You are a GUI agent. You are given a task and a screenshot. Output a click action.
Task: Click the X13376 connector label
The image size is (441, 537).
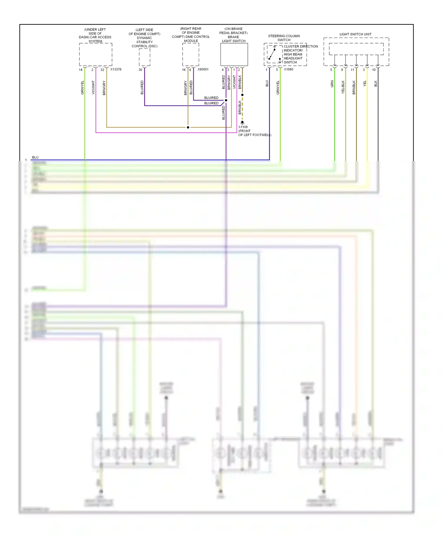click(116, 69)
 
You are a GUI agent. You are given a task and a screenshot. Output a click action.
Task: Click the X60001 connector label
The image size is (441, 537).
click(203, 69)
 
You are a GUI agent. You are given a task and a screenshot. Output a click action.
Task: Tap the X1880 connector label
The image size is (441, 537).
click(288, 69)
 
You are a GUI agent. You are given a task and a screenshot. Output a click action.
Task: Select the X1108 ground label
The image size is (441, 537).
click(243, 127)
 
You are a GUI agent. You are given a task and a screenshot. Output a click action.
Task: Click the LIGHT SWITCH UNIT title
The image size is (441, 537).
click(355, 34)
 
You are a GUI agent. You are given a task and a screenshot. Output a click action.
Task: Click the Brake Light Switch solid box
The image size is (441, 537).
click(234, 54)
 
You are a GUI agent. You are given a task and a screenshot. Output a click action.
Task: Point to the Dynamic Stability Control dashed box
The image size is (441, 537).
click(144, 57)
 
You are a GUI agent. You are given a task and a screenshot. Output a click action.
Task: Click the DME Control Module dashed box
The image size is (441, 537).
click(191, 54)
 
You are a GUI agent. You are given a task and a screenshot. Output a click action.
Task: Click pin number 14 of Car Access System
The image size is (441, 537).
click(81, 70)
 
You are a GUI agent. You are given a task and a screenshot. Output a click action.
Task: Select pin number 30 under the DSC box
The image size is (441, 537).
click(140, 70)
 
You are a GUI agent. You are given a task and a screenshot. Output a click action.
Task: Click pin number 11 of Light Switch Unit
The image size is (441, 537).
click(353, 70)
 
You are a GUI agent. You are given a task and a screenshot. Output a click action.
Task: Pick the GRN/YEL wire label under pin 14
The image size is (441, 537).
click(82, 87)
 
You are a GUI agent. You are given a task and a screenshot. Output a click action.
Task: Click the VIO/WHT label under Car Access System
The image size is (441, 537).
click(93, 87)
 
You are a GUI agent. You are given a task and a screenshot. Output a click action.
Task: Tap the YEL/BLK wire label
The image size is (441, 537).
click(343, 87)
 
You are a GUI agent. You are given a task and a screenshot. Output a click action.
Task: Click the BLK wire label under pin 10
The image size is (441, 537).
click(375, 84)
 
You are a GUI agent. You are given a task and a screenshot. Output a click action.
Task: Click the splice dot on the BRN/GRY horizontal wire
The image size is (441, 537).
click(188, 127)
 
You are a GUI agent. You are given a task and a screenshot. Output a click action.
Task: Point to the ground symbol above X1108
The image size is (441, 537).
click(242, 122)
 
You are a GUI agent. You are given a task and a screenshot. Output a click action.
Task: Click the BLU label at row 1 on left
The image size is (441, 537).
click(35, 157)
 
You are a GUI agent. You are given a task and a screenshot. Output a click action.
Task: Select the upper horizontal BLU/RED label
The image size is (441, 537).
click(211, 98)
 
